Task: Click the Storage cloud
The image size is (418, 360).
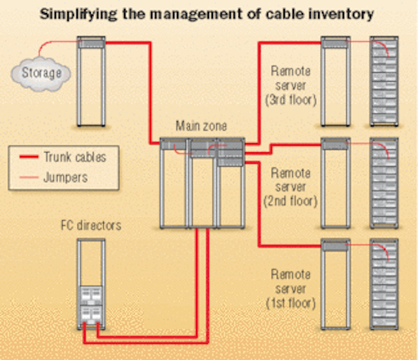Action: click(40, 74)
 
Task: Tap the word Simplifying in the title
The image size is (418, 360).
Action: click(78, 14)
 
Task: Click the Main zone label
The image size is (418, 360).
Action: click(201, 126)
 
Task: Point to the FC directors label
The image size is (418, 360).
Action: click(91, 225)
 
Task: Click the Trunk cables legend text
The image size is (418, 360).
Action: click(75, 157)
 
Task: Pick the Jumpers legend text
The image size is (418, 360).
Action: click(65, 177)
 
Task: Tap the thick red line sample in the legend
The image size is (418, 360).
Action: click(29, 157)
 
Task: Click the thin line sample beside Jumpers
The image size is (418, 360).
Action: click(29, 177)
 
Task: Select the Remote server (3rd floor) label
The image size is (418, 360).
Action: click(291, 86)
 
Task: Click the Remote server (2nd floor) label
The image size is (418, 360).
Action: click(291, 188)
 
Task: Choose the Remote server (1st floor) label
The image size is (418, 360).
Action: click(291, 289)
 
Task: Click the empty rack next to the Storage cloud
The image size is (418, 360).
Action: click(91, 81)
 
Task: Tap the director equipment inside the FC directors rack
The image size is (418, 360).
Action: click(91, 306)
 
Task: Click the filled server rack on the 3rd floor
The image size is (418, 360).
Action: click(384, 81)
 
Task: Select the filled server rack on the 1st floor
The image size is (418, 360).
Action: click(384, 284)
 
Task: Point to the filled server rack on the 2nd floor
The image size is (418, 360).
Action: click(384, 183)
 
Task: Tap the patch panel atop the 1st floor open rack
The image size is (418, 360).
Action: click(335, 245)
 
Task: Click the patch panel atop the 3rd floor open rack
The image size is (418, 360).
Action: click(335, 42)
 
